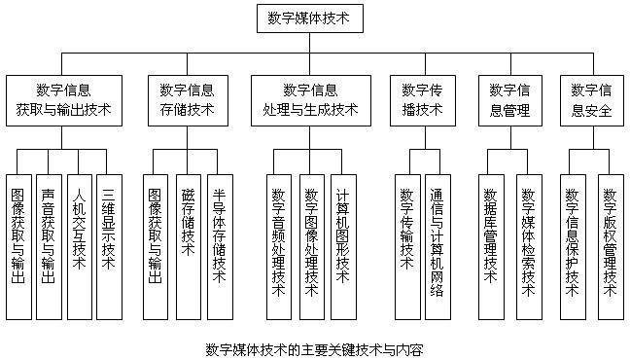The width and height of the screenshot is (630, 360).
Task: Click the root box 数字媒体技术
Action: [x=315, y=18]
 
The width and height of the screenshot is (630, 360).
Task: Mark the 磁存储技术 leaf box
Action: [x=188, y=234]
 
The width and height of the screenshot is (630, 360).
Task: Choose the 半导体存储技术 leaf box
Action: [x=220, y=234]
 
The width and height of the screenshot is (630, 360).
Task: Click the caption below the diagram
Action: [x=315, y=348]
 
